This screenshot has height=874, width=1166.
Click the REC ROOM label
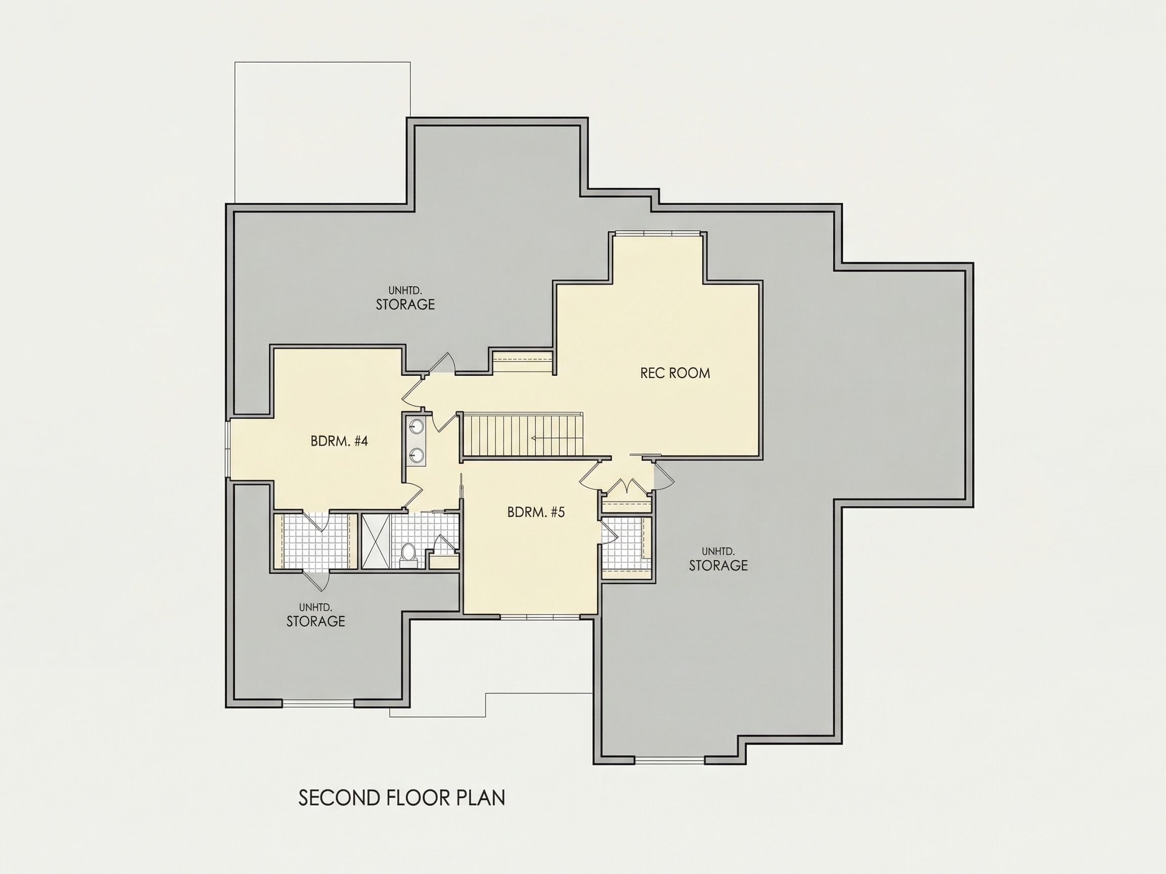tap(675, 373)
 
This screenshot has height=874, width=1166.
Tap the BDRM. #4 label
tap(339, 441)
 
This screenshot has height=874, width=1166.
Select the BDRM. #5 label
tap(536, 511)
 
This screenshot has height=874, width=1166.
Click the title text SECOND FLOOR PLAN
tap(402, 798)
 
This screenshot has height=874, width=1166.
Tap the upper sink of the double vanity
tap(417, 425)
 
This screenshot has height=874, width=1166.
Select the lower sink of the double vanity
tap(417, 454)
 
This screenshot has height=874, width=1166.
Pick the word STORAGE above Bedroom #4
tap(405, 304)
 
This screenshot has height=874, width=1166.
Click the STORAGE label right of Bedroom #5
tap(718, 565)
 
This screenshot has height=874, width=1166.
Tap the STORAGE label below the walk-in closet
tap(316, 621)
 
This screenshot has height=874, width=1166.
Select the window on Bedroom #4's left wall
tap(227, 449)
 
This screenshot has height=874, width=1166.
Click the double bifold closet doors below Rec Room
tap(627, 485)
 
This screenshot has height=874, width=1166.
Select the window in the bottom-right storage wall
tap(670, 760)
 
